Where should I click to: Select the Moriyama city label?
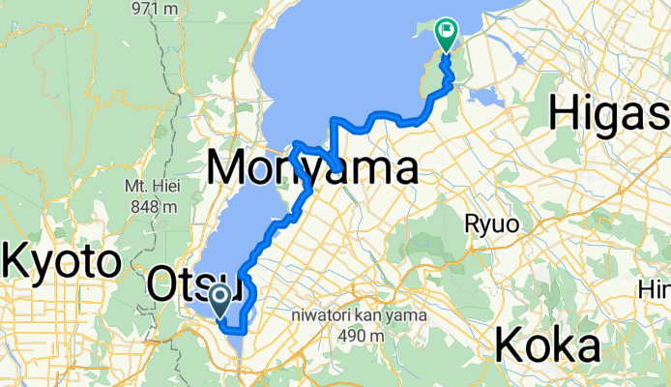312,169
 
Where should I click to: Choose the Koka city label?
548,344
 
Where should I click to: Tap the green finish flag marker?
447,34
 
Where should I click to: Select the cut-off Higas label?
609,115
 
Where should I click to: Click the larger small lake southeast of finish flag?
487,96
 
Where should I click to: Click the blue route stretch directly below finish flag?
448,70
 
